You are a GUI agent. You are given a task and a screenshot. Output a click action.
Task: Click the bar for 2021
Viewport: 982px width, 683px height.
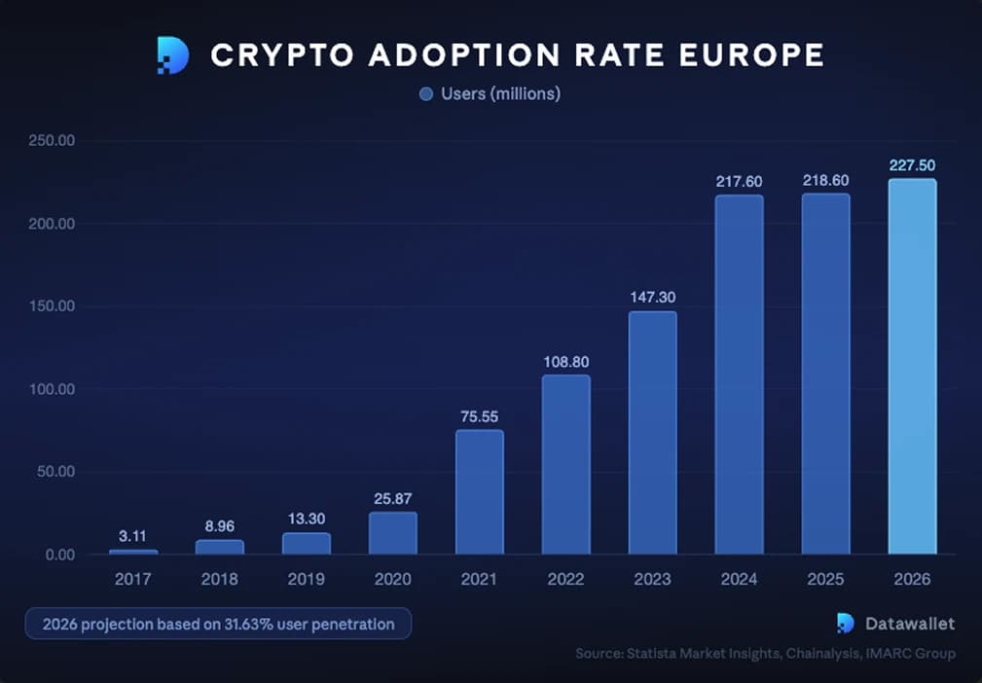coord(479,492)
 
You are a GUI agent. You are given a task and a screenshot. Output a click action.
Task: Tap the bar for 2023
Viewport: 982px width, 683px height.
coord(652,433)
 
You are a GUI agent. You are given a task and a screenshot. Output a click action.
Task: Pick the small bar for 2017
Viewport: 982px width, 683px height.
coord(132,552)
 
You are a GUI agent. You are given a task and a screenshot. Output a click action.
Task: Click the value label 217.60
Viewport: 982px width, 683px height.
coord(739,181)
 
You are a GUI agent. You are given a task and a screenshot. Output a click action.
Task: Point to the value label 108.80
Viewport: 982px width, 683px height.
coord(565,361)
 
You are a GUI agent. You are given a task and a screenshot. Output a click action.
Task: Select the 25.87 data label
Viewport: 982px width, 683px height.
coord(392,498)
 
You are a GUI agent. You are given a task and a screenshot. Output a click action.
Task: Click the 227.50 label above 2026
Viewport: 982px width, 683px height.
coord(912,165)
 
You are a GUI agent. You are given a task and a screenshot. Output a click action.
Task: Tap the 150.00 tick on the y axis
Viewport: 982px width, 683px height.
coord(53,306)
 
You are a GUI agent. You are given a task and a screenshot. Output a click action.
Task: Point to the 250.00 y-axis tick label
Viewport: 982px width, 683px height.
coord(53,141)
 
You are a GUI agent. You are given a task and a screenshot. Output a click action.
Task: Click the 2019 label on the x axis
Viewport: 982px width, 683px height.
coord(306,579)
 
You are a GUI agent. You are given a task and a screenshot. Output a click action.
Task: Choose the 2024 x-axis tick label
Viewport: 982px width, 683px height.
coord(739,579)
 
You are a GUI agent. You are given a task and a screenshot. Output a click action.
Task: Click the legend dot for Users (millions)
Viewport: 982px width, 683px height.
coord(425,94)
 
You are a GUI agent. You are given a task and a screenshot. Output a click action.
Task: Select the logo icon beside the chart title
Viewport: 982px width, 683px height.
coord(173,55)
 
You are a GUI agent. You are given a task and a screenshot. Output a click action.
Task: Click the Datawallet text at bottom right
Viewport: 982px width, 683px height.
coord(910,624)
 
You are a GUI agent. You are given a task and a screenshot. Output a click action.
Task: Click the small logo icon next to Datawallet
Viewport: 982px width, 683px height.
coord(846,624)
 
